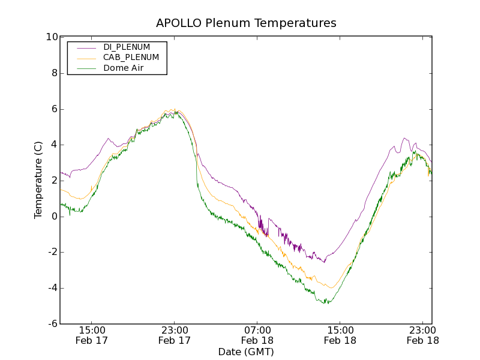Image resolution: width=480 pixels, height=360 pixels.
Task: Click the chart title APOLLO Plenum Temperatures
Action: tap(246, 23)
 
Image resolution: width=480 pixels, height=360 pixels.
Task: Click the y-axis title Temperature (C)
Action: tap(38, 180)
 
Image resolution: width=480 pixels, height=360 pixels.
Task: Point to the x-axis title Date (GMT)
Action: tap(246, 352)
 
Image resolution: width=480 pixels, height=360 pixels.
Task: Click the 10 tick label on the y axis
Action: tap(52, 37)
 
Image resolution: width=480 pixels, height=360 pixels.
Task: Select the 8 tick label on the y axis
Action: tap(54, 73)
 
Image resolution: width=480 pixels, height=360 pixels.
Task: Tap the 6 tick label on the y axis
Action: tap(54, 109)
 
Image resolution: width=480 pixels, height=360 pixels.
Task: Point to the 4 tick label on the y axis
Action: tap(54, 145)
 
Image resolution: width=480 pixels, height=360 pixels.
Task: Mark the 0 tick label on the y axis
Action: tap(54, 217)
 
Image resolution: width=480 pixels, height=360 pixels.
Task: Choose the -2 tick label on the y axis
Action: tap(52, 252)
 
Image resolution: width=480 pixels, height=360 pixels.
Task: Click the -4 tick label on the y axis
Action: tap(52, 288)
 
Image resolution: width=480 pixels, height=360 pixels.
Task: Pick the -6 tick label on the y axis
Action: tap(52, 324)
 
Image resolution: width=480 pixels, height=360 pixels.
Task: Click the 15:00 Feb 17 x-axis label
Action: tap(92, 335)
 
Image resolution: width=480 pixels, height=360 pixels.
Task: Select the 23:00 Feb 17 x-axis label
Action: tap(175, 335)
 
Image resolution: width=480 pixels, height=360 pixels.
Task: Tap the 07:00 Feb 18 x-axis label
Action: tap(257, 335)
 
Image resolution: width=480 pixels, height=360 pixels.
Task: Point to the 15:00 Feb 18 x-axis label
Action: tap(340, 335)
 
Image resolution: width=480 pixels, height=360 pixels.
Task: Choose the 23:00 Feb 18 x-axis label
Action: tap(422, 335)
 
